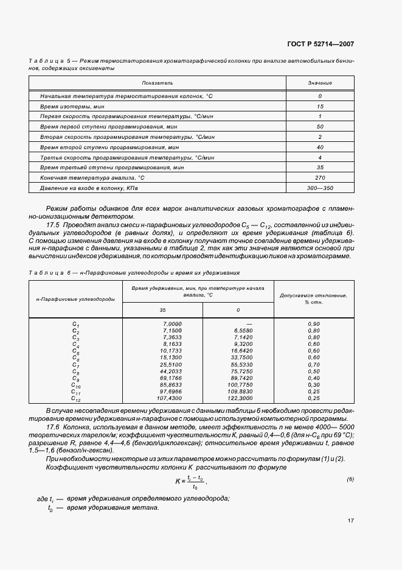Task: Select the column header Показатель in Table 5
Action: (158, 82)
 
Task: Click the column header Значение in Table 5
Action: (320, 82)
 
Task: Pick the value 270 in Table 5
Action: (320, 177)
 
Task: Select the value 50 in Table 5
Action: (320, 127)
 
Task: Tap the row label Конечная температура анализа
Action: (92, 177)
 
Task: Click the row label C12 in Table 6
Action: (75, 399)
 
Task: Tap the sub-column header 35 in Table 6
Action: (162, 311)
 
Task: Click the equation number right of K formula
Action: (350, 479)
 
